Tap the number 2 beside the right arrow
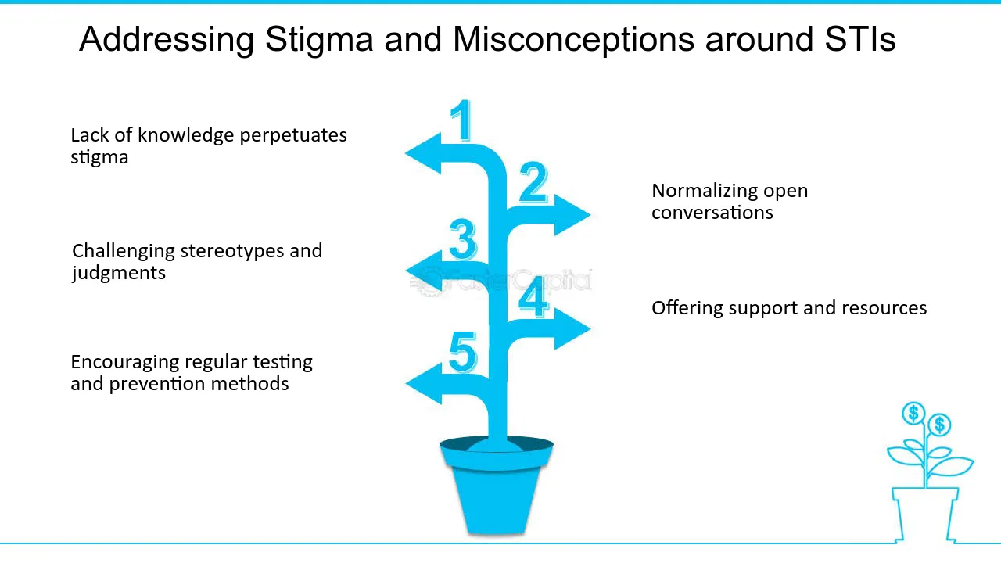(x=533, y=184)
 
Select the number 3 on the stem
(x=463, y=239)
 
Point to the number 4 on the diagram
(x=533, y=297)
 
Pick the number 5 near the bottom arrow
(x=463, y=352)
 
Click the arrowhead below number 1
(x=423, y=153)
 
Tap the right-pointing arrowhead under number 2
(x=572, y=213)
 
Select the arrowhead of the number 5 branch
(x=423, y=383)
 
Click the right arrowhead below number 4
(x=572, y=328)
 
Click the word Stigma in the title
(x=319, y=39)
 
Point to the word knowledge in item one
(x=185, y=135)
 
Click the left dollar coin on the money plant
(x=913, y=414)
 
